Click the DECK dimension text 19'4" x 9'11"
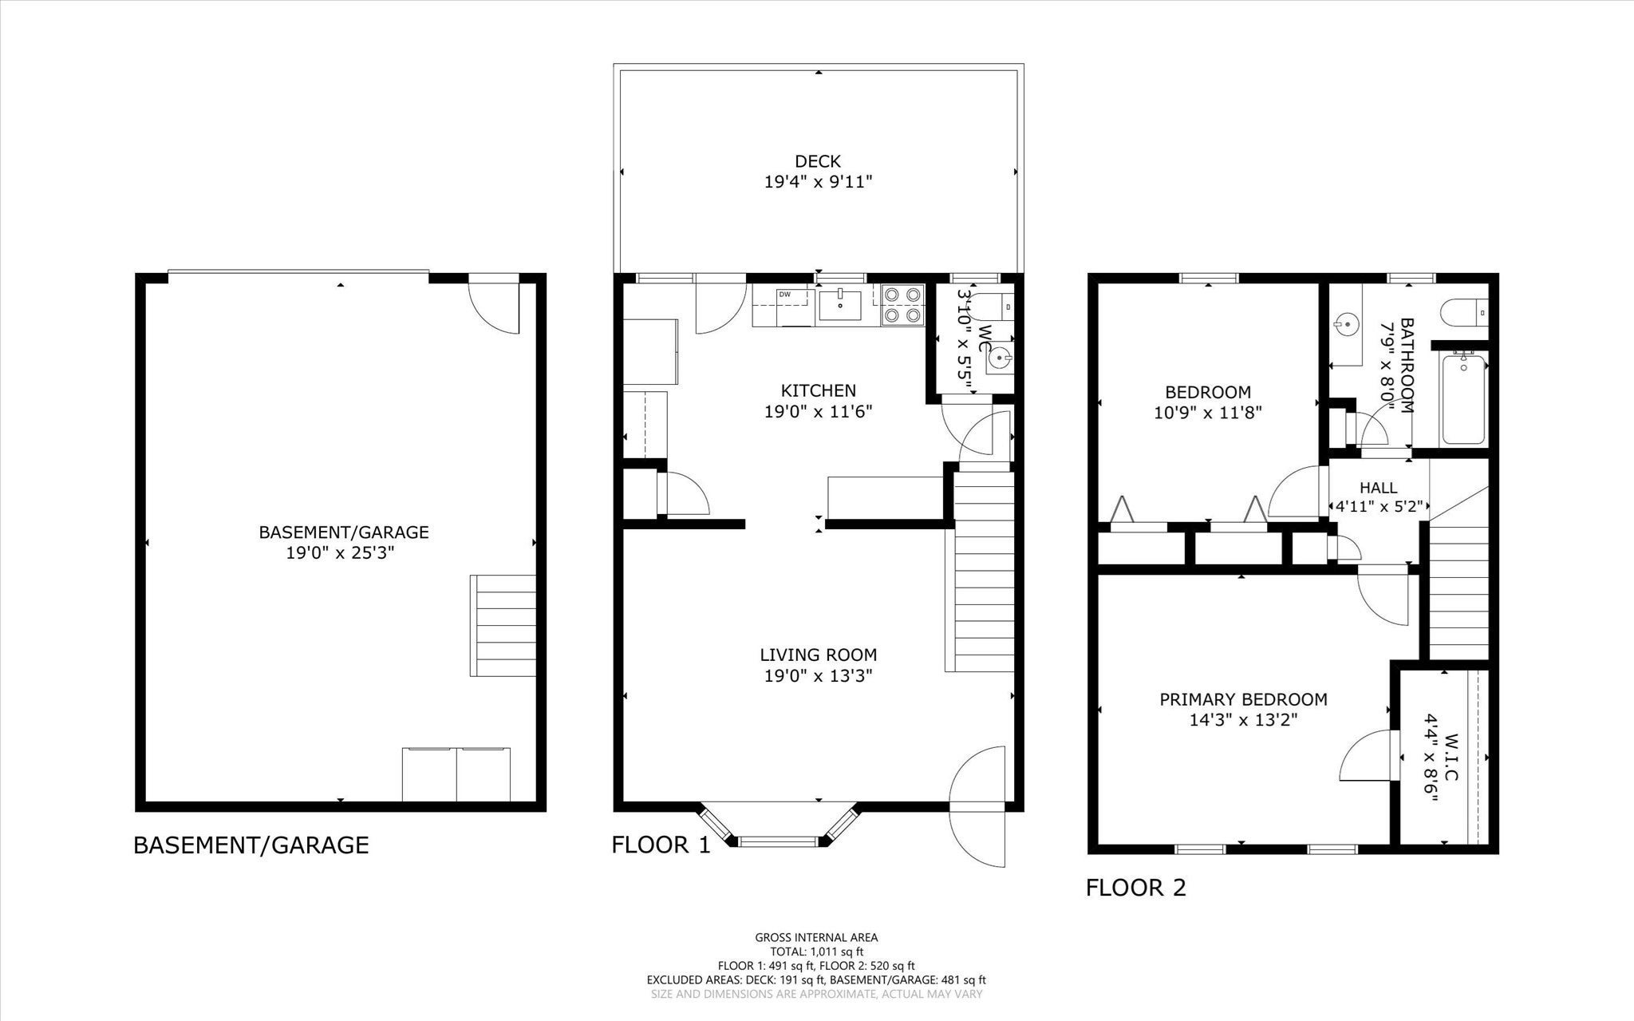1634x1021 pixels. tap(818, 182)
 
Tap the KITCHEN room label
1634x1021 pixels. tap(818, 390)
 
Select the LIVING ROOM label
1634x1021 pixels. tap(818, 655)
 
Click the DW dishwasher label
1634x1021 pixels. tap(785, 295)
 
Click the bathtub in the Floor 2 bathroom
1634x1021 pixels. tap(1464, 400)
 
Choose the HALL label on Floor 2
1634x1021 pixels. tap(1378, 488)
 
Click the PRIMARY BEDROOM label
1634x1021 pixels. tap(1243, 699)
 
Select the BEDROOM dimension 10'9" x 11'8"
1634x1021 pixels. tap(1208, 413)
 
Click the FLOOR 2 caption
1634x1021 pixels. tap(1136, 888)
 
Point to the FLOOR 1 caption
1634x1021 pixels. tap(661, 845)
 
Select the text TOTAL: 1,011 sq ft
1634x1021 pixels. tap(816, 952)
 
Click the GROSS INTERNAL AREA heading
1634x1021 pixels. tap(816, 938)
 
